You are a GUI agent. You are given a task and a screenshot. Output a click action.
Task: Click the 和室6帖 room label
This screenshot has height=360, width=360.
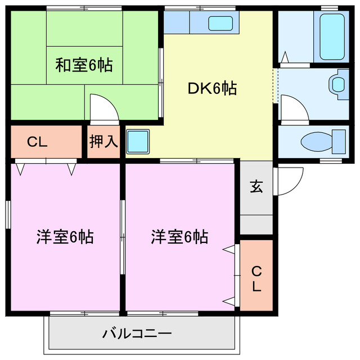[x=84, y=65]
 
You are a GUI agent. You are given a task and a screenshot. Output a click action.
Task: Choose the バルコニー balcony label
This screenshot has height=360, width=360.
[x=137, y=334]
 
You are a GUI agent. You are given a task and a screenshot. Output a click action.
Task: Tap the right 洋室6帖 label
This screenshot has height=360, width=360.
[x=179, y=237]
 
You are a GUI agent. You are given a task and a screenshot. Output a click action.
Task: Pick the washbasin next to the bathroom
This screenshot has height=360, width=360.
[x=337, y=84]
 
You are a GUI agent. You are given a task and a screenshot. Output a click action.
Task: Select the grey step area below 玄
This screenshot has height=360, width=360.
[x=256, y=224]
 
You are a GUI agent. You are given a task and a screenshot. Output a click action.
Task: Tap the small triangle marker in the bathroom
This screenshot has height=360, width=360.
[x=285, y=57]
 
